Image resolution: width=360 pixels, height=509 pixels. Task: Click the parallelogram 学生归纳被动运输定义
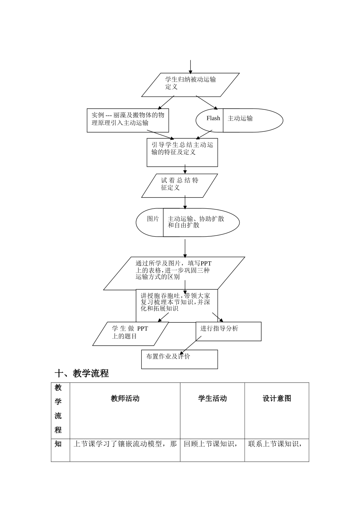pyautogui.click(x=190, y=84)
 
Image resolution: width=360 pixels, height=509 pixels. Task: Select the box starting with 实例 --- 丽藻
pyautogui.click(x=128, y=120)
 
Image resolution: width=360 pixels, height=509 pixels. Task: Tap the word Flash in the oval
pyautogui.click(x=213, y=119)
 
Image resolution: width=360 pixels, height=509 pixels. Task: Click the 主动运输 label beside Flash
pyautogui.click(x=240, y=119)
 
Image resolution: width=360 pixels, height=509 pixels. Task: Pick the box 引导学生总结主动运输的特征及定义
pyautogui.click(x=182, y=152)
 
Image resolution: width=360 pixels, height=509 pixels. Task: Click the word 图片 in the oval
pyautogui.click(x=153, y=219)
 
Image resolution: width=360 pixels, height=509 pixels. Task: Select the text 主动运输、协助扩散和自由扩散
pyautogui.click(x=196, y=222)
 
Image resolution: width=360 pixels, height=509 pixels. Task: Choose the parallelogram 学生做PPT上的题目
pyautogui.click(x=130, y=333)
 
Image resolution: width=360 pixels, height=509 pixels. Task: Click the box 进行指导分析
pyautogui.click(x=228, y=331)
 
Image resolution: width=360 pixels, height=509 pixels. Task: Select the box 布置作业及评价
pyautogui.click(x=179, y=359)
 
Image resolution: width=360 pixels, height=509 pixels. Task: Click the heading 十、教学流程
pyautogui.click(x=82, y=374)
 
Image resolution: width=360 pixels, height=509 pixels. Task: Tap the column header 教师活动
pyautogui.click(x=125, y=399)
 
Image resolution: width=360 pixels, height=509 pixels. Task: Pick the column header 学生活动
pyautogui.click(x=212, y=399)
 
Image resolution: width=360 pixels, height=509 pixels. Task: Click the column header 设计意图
pyautogui.click(x=277, y=399)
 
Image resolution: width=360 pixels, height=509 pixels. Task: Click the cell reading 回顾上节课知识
pyautogui.click(x=211, y=444)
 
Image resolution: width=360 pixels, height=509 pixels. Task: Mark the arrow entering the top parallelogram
pyautogui.click(x=191, y=67)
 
